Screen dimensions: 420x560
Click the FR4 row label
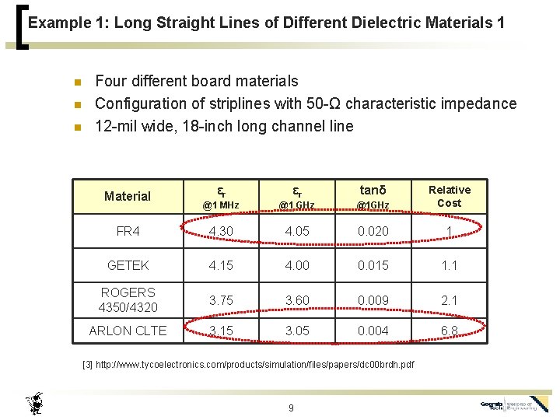tap(128, 231)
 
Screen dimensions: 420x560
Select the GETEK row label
tap(128, 265)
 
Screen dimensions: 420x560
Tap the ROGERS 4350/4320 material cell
tap(128, 299)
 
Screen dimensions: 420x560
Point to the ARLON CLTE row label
tap(128, 331)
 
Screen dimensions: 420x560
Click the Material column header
tap(128, 196)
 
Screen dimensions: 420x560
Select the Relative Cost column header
tap(450, 196)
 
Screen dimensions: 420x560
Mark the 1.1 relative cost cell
tap(450, 265)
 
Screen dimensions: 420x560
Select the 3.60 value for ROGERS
tap(296, 299)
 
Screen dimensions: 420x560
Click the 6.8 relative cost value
tap(450, 331)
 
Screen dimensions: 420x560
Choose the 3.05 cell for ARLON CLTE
tap(296, 331)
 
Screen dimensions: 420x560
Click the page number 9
tap(290, 408)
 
